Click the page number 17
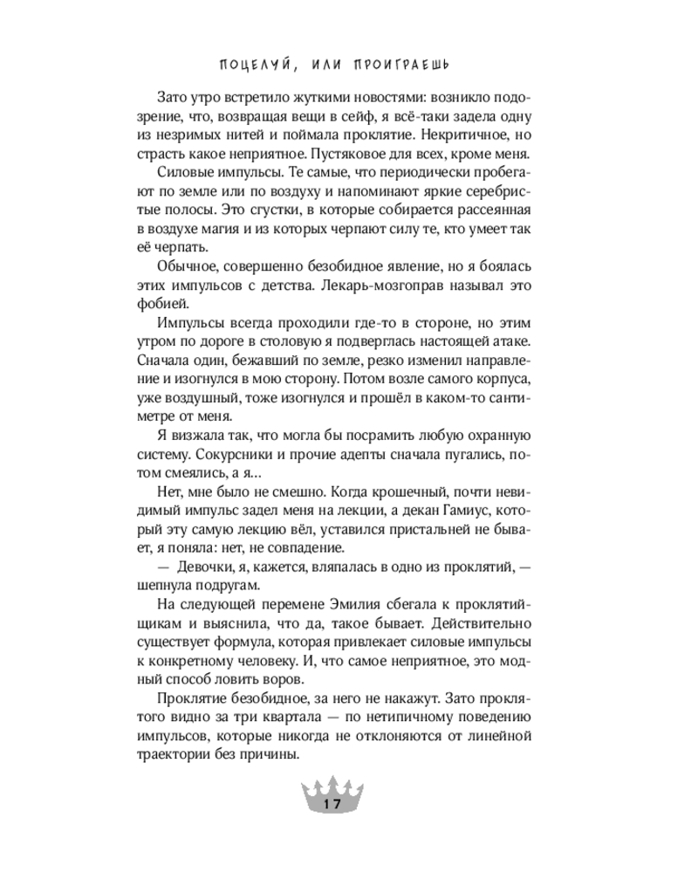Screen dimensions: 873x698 point(331,804)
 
